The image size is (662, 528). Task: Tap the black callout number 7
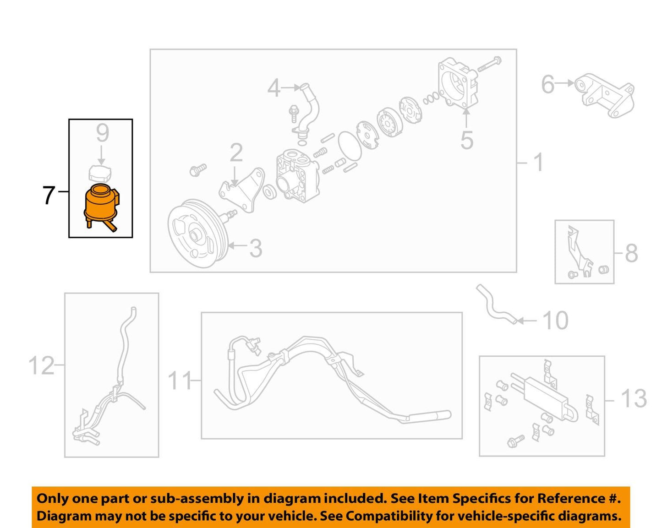pos(49,195)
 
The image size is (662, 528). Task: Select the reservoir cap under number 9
pos(100,173)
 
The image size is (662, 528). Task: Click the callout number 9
pos(103,133)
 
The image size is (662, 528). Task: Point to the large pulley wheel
pos(197,234)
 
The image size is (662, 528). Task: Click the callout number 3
pos(256,248)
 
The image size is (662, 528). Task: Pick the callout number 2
pos(236,153)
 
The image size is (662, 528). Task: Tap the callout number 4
pos(274,88)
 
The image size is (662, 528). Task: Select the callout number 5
pos(467,140)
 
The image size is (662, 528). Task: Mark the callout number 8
pos(631,253)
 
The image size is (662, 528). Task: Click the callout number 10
pos(556,321)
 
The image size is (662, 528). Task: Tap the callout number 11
pos(180,381)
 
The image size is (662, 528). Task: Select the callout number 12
pos(41,365)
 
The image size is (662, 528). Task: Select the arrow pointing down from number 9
pos(101,155)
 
